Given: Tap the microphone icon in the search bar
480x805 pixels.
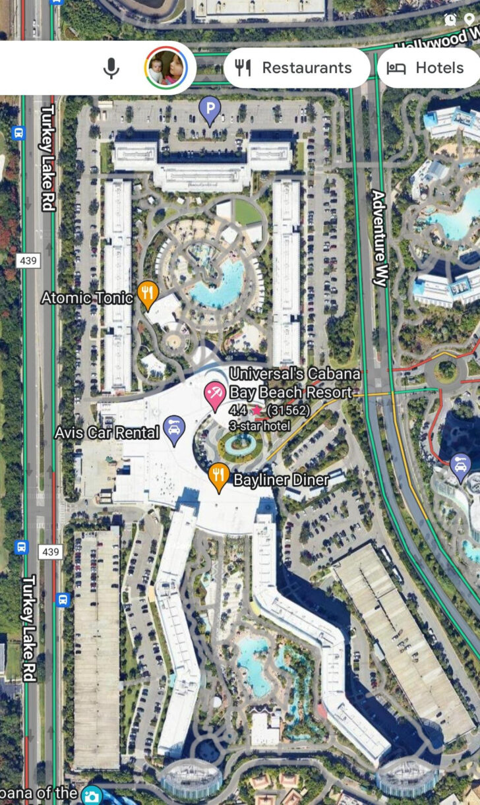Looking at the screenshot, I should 111,68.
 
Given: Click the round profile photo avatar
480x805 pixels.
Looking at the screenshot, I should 165,68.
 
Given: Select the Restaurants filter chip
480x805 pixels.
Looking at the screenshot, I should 296,68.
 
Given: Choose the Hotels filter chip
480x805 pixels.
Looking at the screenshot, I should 427,68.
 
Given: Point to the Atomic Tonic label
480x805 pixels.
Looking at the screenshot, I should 87,298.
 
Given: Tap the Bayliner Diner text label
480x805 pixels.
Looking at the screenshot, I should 281,480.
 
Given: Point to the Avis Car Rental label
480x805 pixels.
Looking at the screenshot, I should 107,433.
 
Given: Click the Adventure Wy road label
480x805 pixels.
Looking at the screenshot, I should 378,238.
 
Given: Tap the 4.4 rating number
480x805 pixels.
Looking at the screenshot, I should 237,410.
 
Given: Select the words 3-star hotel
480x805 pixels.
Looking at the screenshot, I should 259,425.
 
